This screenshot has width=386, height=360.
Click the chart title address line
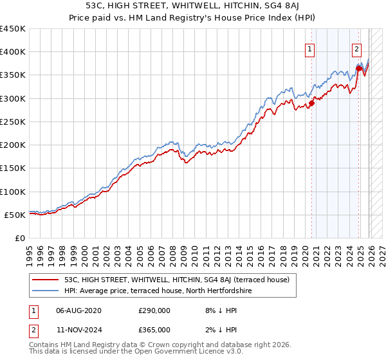click(193, 6)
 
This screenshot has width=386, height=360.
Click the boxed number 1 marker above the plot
click(309, 48)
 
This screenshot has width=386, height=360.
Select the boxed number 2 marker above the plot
click(356, 48)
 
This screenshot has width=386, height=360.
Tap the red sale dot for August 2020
click(311, 102)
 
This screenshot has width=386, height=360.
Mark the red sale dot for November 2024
click(359, 68)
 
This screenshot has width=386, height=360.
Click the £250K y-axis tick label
click(13, 122)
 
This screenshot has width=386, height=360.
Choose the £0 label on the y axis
click(19, 238)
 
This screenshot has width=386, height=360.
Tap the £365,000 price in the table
click(154, 329)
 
